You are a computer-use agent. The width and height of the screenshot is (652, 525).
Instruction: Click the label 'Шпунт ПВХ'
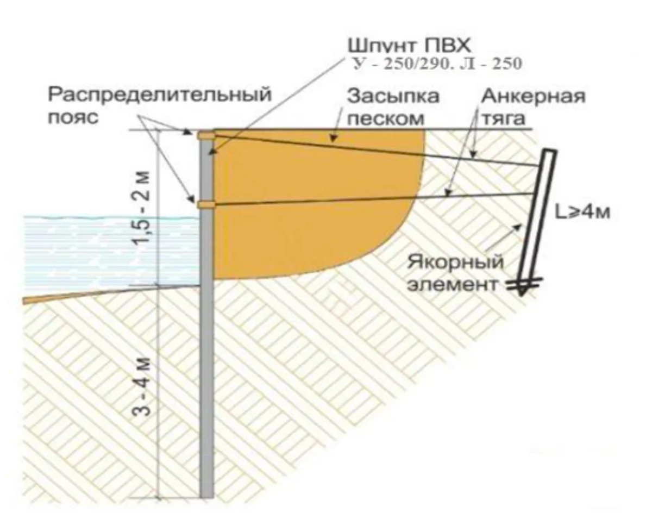pos(410,46)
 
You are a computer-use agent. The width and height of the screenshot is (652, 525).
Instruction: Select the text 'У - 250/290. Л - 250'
pos(437,64)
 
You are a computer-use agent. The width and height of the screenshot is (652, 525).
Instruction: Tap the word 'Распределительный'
pos(160,94)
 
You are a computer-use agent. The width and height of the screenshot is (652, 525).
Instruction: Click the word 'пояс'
pos(73,117)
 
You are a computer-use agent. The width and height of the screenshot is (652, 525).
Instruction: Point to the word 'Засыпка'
pos(393,96)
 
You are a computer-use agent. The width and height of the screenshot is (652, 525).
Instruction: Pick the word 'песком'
pos(385,118)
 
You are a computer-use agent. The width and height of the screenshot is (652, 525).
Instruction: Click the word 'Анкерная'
pos(533,96)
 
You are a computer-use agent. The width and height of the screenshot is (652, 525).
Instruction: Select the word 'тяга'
pos(503,118)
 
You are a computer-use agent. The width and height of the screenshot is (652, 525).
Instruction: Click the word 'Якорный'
pos(455,262)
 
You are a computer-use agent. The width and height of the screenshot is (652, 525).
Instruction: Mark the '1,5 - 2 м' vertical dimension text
pos(141,208)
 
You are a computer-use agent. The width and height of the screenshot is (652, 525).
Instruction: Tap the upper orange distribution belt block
pos(206,135)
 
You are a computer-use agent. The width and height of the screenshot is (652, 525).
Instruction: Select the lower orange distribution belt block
pos(206,205)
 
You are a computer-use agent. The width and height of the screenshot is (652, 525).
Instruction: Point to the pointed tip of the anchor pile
pos(521,296)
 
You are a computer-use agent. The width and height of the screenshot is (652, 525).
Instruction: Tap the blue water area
pos(109,252)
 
